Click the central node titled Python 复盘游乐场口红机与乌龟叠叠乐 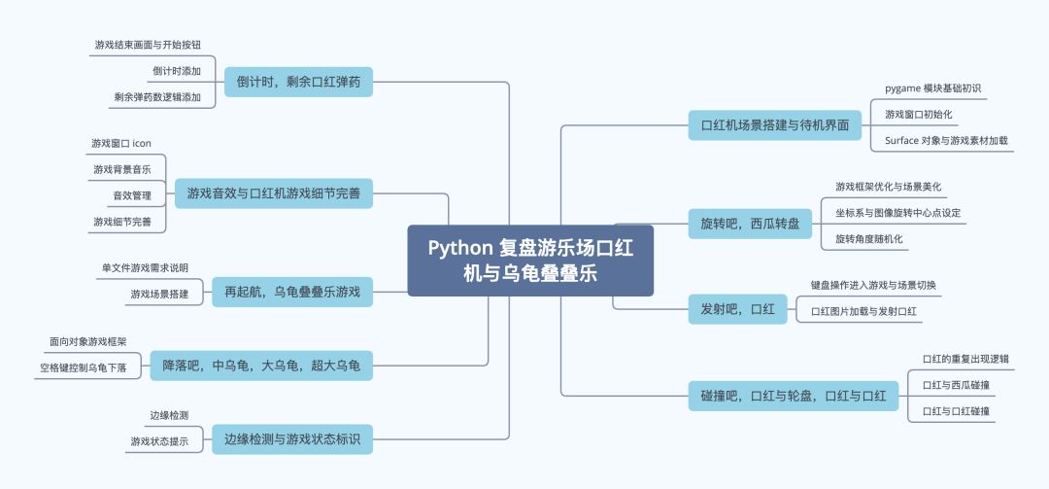[529, 261]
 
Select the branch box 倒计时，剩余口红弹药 [298, 83]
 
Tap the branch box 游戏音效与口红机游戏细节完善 [273, 194]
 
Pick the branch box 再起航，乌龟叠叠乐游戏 [292, 292]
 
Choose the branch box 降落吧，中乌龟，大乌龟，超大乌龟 [261, 367]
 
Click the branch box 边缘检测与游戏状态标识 [292, 439]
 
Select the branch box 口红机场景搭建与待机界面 [774, 124]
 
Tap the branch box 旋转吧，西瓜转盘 [750, 224]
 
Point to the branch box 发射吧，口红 [737, 309]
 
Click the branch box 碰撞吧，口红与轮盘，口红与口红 [793, 396]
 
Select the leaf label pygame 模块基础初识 [933, 88]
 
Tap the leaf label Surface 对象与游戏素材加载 [946, 141]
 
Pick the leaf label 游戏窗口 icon [121, 143]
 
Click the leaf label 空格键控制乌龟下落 [84, 368]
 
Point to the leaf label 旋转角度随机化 [869, 239]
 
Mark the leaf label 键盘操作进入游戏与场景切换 [873, 286]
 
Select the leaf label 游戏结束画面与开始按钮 [148, 45]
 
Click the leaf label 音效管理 [131, 195]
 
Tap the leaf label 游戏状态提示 [159, 441]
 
